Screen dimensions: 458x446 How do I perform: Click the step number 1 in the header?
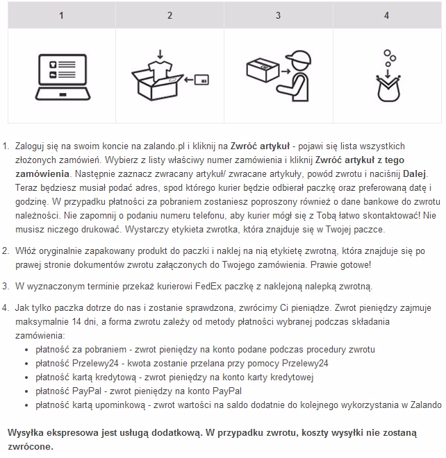click(x=61, y=15)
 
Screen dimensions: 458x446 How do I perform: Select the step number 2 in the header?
click(x=170, y=15)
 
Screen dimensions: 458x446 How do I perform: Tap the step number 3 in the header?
click(x=278, y=15)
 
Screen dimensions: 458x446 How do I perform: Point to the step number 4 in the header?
click(x=386, y=15)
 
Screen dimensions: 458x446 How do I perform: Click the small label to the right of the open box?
click(x=202, y=80)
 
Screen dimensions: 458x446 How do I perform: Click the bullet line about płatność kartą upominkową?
click(x=238, y=405)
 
